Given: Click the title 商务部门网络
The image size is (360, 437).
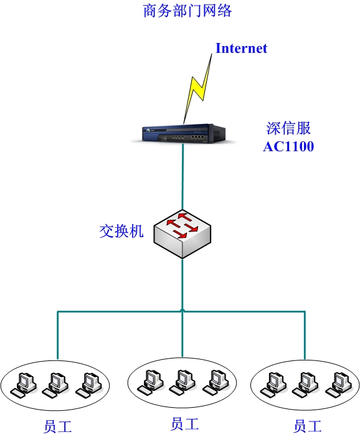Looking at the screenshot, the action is (x=187, y=11).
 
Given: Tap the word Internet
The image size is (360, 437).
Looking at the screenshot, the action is (x=241, y=48).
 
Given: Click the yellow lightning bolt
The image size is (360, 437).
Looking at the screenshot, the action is (x=197, y=89).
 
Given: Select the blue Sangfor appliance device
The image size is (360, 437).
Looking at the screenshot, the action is (x=184, y=134).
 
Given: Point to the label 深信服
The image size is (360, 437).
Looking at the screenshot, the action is (x=288, y=128).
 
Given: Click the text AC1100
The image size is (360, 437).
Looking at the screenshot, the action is (x=288, y=146).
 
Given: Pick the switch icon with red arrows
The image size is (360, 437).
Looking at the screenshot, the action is (x=182, y=234).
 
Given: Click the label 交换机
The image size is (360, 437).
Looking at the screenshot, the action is (x=121, y=231).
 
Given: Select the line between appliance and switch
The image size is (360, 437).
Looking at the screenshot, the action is (x=183, y=177).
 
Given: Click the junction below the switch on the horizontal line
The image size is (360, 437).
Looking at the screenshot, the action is (x=182, y=311).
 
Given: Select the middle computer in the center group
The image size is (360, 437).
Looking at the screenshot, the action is (x=182, y=382).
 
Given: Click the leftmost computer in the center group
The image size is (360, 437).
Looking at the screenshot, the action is (x=151, y=382).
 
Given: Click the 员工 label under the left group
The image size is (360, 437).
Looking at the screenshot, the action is (x=58, y=426).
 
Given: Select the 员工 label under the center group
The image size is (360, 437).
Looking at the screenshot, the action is (x=184, y=424).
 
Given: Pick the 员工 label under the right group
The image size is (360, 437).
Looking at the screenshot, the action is (x=307, y=426).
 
